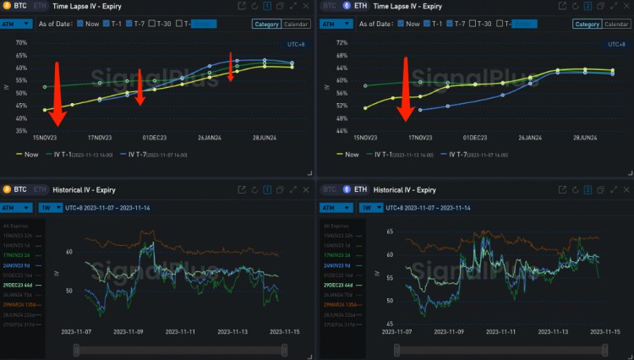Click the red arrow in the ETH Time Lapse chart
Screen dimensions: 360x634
[x=407, y=89]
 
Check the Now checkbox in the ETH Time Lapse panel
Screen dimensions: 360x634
[x=401, y=24]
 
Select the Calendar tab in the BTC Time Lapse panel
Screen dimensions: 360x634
[x=295, y=24]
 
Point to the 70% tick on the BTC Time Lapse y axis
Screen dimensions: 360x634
[x=22, y=42]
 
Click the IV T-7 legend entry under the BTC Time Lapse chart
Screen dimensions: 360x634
[x=146, y=155]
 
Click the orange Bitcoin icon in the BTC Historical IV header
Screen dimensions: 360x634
[x=8, y=189]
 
